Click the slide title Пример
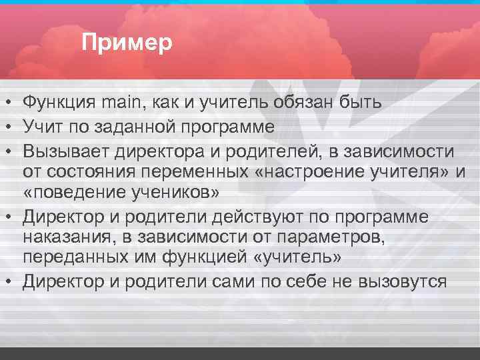(x=127, y=43)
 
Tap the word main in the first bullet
(x=120, y=101)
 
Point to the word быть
(x=363, y=101)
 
